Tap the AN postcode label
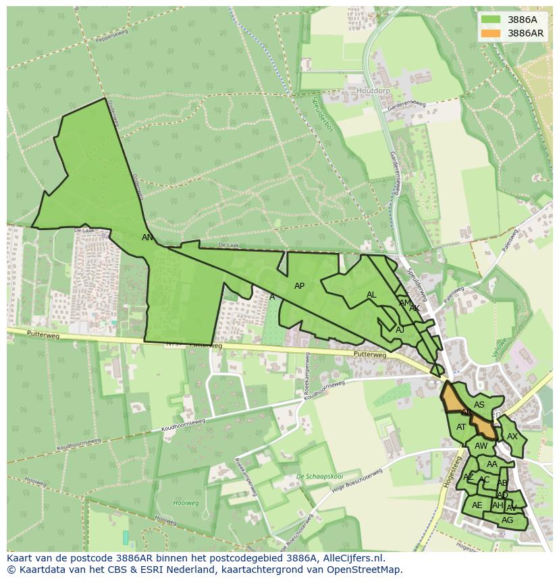point(147,238)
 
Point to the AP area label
point(300,286)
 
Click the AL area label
point(371,295)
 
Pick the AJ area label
point(400,329)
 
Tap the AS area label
point(479,405)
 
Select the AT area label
point(461,427)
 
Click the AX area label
point(512,437)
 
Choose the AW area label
point(481,446)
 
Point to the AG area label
point(507,520)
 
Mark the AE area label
point(477,505)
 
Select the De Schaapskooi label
point(315,476)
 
